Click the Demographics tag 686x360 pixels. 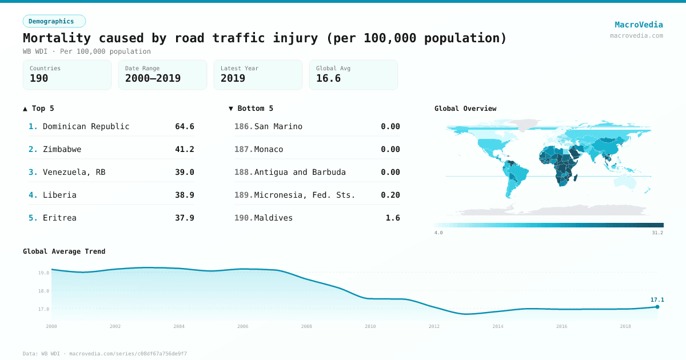[54, 21]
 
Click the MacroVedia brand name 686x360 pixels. [639, 25]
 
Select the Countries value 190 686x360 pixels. [39, 78]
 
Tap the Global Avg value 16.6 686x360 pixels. [328, 78]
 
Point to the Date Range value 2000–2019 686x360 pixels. [153, 78]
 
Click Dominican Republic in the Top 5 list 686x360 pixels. [86, 126]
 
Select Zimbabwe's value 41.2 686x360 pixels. [184, 149]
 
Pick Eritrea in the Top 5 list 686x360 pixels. [59, 218]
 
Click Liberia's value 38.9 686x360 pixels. [184, 195]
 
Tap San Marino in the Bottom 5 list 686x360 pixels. [278, 126]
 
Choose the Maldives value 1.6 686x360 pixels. [393, 218]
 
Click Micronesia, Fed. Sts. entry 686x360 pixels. [304, 195]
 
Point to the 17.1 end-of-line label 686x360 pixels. [657, 299]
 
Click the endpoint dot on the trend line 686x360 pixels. [657, 307]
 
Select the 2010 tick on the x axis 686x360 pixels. [370, 326]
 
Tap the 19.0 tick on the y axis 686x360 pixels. [43, 273]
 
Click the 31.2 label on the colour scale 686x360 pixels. [657, 233]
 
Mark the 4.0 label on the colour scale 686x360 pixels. [438, 233]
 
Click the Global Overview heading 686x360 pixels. [465, 109]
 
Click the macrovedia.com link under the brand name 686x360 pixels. [636, 35]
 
